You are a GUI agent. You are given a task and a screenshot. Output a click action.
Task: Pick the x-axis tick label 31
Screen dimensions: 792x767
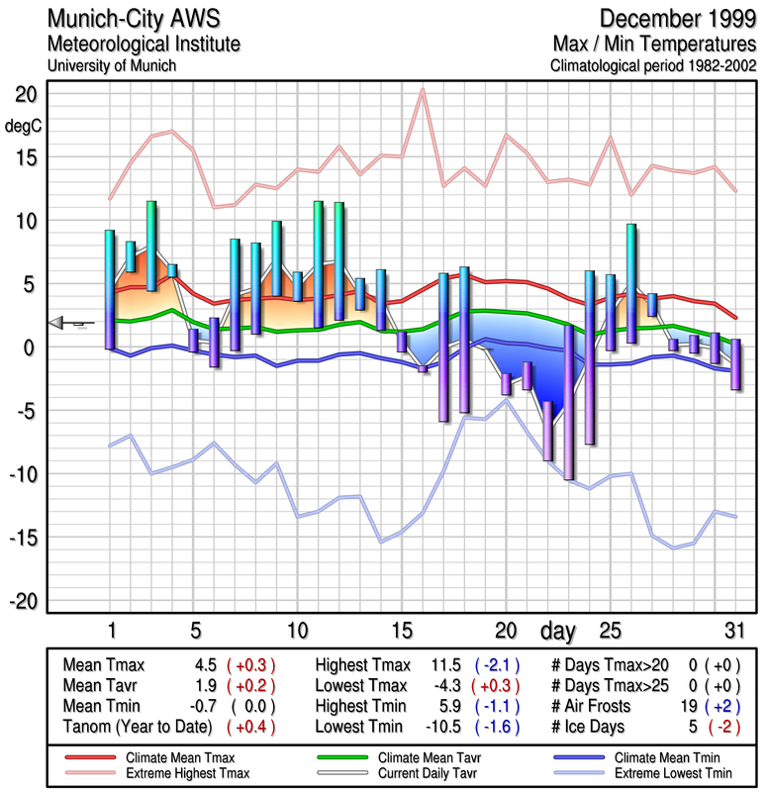pyautogui.click(x=734, y=631)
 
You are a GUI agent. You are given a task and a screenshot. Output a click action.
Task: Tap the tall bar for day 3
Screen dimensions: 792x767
pyautogui.click(x=151, y=246)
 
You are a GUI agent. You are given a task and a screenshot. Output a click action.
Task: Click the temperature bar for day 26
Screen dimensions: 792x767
pyautogui.click(x=631, y=283)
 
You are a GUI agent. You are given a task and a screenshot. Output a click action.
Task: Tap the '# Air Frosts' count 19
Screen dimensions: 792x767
pyautogui.click(x=683, y=706)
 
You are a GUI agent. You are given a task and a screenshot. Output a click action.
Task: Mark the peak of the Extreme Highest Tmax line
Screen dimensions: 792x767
pyautogui.click(x=423, y=90)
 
